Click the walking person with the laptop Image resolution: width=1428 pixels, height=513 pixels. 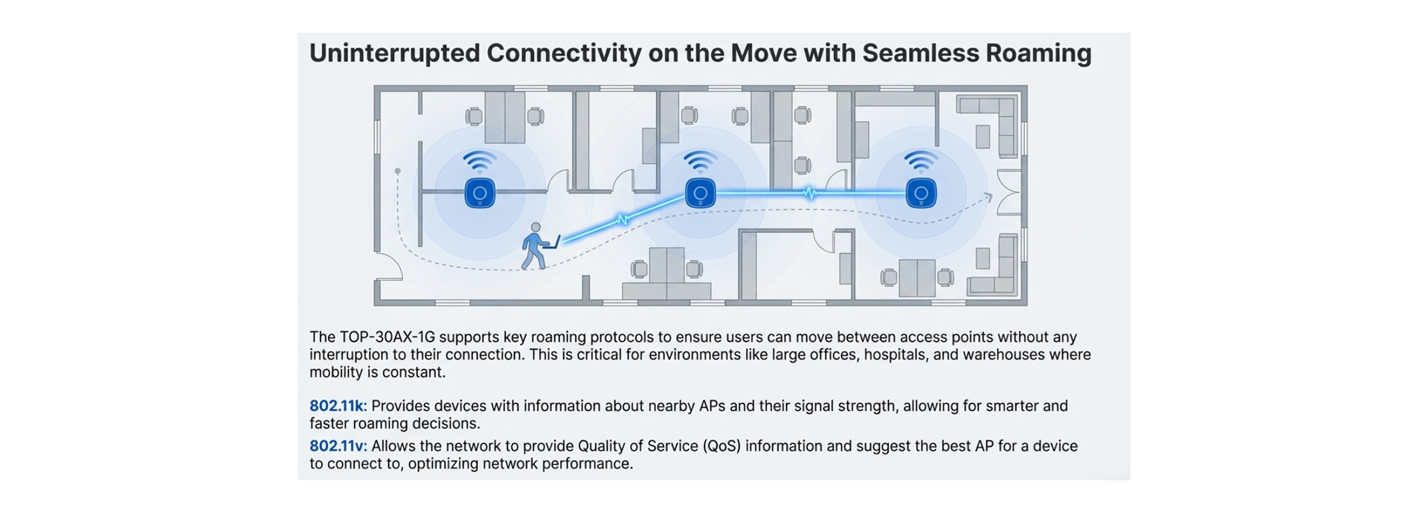click(535, 246)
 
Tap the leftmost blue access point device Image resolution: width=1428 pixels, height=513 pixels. click(480, 193)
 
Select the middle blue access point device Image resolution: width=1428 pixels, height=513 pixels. click(700, 193)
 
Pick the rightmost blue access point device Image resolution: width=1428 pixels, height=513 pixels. click(921, 193)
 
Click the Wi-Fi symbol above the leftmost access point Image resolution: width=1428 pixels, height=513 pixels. click(480, 161)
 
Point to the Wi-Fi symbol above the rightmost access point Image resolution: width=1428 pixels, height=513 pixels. click(921, 161)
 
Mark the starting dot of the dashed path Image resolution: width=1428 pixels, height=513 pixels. click(398, 172)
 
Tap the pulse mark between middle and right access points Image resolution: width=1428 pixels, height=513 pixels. click(810, 193)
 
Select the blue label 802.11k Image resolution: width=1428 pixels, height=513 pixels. click(338, 406)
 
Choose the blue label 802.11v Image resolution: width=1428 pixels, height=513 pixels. click(338, 446)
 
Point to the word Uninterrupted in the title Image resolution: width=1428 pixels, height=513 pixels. click(394, 53)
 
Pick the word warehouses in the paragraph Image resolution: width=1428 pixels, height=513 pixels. click(1003, 355)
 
